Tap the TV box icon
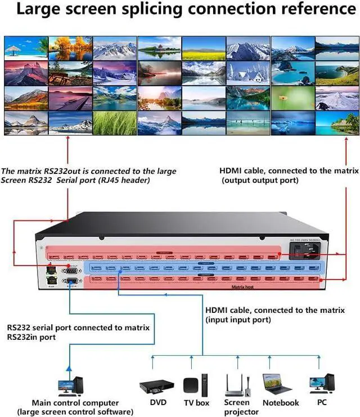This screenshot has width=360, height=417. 191,385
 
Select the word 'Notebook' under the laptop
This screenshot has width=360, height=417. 281,402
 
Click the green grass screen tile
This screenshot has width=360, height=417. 115,123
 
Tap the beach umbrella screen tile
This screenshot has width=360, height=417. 26,48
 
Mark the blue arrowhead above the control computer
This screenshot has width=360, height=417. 69,367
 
